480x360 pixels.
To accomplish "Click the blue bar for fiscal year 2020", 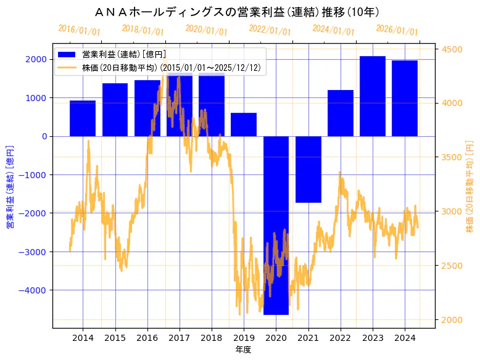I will [276, 225].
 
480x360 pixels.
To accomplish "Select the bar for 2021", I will [308, 169].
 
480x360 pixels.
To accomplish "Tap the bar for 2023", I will [373, 96].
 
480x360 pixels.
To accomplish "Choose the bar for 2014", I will [83, 118].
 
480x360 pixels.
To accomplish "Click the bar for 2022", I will [341, 113].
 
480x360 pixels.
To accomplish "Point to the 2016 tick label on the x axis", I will [147, 338].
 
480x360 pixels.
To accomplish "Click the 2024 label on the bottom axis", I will [405, 338].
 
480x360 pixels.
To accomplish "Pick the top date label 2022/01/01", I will [270, 30].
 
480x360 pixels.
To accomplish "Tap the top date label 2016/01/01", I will [79, 30].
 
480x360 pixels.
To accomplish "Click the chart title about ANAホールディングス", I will [237, 12].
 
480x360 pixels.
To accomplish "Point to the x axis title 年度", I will [244, 350].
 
